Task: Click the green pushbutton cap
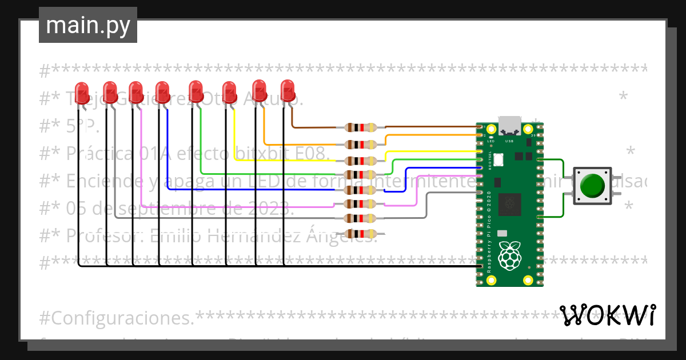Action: coord(592,186)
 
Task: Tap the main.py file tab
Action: coord(88,25)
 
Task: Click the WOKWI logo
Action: coord(607,315)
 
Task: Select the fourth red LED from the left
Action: coord(162,91)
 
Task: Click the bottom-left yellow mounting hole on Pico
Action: coord(490,280)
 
